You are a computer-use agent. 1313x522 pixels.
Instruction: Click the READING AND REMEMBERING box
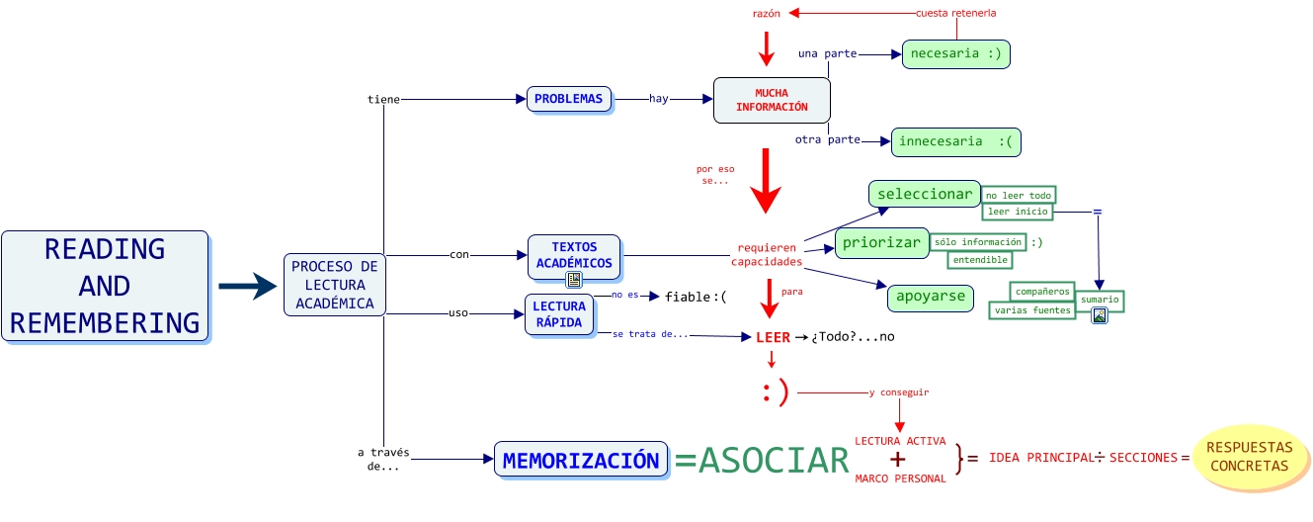105,286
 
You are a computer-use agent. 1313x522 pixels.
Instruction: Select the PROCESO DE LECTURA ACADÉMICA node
334,285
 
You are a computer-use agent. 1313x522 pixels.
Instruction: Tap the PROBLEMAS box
568,99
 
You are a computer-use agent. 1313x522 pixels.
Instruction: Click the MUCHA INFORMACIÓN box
772,100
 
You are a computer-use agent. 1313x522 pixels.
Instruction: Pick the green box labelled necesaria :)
955,53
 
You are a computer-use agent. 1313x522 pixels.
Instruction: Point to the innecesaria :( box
954,141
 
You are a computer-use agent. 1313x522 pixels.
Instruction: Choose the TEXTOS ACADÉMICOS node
574,256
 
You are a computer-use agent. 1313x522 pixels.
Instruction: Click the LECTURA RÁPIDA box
560,314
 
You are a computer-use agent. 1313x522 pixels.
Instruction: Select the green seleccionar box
924,194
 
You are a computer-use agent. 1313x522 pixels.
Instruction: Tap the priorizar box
880,242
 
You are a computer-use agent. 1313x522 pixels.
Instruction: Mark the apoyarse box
931,297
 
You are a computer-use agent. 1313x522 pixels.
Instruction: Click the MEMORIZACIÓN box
580,460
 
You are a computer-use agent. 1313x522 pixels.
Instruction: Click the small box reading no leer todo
1018,195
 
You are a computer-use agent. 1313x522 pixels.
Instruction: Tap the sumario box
1100,299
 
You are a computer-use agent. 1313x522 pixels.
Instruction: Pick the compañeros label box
1041,291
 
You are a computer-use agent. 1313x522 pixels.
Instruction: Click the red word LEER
773,337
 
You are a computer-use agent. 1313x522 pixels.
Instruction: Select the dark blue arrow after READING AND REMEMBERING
246,286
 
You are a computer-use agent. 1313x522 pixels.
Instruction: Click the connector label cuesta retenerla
955,13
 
